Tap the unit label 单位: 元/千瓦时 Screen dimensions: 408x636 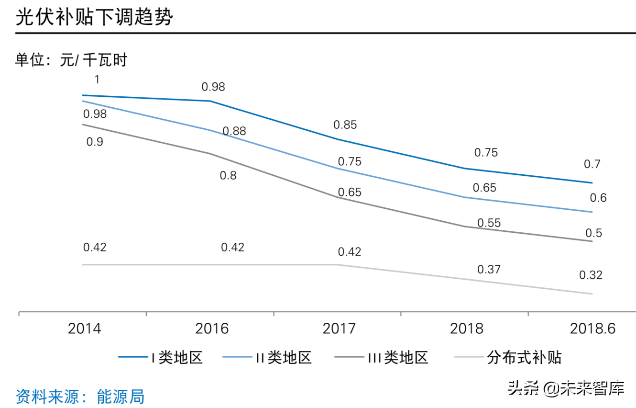(71, 60)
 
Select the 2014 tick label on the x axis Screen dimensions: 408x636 (85, 329)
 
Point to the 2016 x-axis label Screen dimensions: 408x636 (212, 329)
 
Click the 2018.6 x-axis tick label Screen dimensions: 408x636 (592, 329)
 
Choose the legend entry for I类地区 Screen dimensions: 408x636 (161, 357)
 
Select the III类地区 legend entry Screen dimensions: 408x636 (381, 357)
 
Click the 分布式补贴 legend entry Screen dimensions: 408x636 (507, 357)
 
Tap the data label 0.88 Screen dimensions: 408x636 (234, 131)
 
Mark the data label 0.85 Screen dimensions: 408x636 (345, 125)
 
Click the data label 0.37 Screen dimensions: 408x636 (489, 270)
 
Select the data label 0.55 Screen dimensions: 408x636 (489, 223)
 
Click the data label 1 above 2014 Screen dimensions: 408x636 (97, 79)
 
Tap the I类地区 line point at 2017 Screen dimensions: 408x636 (338, 139)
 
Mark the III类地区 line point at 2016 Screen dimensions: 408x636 (210, 154)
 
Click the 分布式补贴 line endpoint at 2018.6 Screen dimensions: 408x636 (592, 294)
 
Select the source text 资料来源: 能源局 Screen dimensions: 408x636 (80, 396)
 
